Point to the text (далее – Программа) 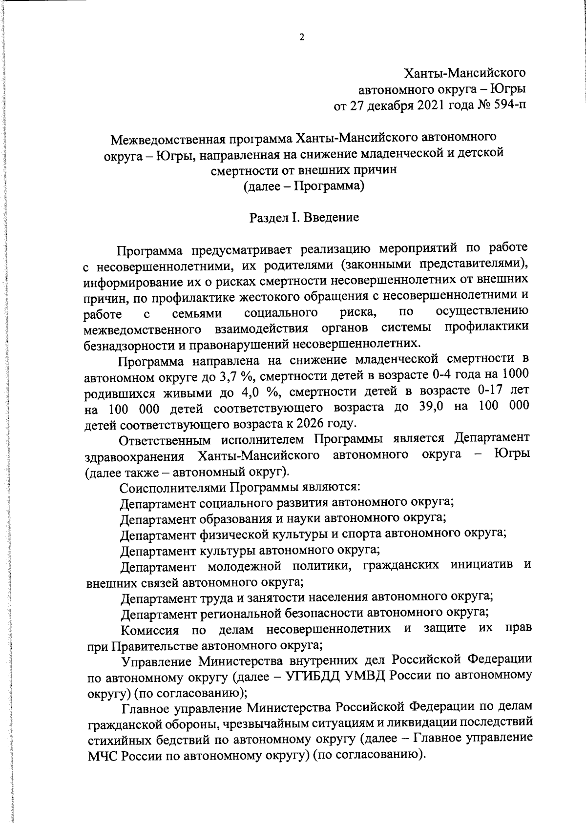point(304,186)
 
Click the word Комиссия point(151,629)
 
